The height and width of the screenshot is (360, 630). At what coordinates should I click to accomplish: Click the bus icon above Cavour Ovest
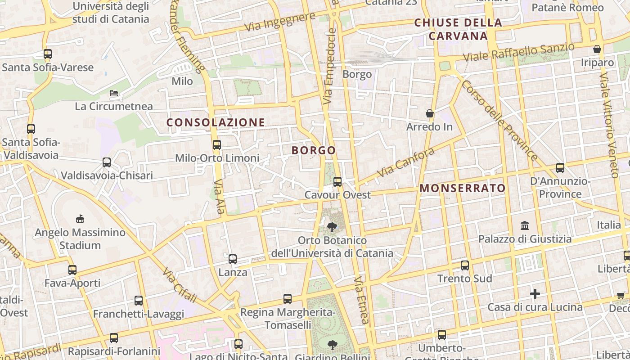[337, 182]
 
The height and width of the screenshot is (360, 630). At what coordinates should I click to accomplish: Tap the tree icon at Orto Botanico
[332, 227]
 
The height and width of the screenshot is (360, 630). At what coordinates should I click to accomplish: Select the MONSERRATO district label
[463, 188]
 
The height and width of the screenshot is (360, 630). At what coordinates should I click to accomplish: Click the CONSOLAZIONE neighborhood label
[216, 122]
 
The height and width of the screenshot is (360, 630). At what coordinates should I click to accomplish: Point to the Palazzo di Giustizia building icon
[525, 225]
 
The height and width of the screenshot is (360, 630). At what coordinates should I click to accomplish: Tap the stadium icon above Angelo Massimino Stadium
[80, 219]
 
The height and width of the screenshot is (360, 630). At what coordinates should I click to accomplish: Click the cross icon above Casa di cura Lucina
[535, 294]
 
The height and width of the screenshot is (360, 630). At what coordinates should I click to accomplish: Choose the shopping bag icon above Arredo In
[430, 113]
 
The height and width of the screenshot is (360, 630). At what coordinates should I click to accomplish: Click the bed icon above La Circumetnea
[114, 94]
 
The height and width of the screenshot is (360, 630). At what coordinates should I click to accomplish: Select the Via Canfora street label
[405, 162]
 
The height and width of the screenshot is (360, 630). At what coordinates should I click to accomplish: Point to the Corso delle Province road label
[499, 120]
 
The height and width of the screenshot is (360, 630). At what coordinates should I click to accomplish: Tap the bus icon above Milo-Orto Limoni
[217, 145]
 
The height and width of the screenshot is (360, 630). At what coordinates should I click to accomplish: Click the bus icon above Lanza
[233, 259]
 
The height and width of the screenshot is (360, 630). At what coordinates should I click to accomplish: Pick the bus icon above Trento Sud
[465, 265]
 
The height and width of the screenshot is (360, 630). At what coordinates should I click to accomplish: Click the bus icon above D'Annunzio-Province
[560, 168]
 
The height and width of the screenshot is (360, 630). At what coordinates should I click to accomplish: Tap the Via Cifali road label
[180, 285]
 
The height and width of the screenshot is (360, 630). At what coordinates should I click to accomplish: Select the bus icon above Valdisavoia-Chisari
[107, 162]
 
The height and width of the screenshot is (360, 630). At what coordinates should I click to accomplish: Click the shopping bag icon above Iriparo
[597, 49]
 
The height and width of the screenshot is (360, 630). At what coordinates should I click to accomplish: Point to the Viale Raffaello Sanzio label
[518, 53]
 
